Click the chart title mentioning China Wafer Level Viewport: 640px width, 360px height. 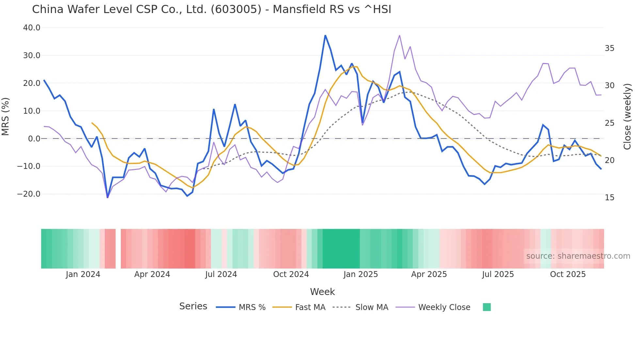pos(212,9)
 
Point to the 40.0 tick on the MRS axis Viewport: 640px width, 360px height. pos(32,28)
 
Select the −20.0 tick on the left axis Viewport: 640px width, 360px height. pos(29,194)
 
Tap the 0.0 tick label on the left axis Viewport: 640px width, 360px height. pos(34,139)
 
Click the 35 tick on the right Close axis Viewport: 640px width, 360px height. pos(609,48)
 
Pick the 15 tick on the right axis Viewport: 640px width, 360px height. pos(609,198)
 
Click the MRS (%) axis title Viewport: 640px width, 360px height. pos(6,116)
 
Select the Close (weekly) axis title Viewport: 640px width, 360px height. pos(627,116)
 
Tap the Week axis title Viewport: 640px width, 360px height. pos(322,292)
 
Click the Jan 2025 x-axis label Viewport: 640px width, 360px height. pos(360,274)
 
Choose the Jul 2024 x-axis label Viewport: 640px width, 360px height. pos(221,274)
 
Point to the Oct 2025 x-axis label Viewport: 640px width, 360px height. pos(568,274)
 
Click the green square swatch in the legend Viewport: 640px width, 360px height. pos(487,307)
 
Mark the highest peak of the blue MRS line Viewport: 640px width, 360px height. pos(325,35)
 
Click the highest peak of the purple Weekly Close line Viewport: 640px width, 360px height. pos(399,35)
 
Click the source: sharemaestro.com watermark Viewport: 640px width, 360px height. pos(578,256)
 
